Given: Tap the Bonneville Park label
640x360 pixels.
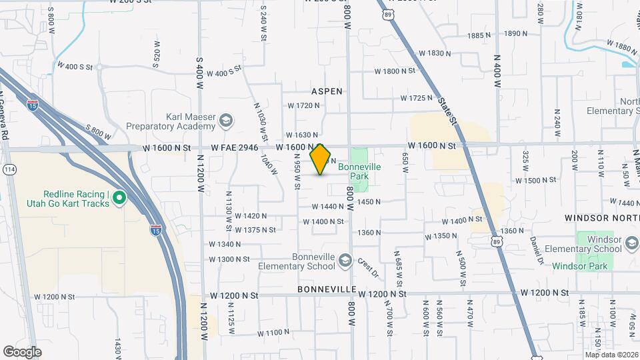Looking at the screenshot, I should pyautogui.click(x=359, y=171).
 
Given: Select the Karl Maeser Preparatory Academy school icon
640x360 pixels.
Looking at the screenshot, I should pyautogui.click(x=226, y=121).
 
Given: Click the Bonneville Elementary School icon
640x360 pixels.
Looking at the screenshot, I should pyautogui.click(x=345, y=259).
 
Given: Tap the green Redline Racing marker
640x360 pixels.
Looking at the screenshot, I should pyautogui.click(x=119, y=197).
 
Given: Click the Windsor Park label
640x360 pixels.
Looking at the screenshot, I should pyautogui.click(x=576, y=266).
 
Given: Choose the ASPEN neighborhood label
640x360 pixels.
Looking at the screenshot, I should pyautogui.click(x=326, y=91).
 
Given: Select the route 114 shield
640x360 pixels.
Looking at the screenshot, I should pyautogui.click(x=9, y=169).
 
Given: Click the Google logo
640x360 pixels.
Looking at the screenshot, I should pyautogui.click(x=22, y=351).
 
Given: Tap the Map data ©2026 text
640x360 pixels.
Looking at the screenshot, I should pyautogui.click(x=611, y=355).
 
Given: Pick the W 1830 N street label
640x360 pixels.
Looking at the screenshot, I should pyautogui.click(x=435, y=53).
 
